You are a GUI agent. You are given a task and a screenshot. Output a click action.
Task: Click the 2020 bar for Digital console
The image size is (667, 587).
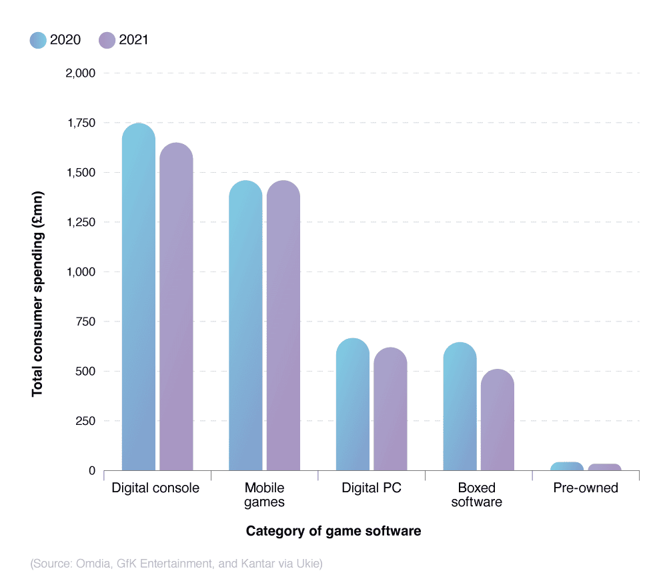pos(139,297)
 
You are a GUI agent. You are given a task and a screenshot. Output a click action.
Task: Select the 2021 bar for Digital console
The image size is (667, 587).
pos(177,307)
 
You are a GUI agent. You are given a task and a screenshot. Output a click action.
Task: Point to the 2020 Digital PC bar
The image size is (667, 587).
pos(353,404)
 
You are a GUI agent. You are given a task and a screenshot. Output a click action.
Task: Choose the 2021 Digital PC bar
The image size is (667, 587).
pos(390,409)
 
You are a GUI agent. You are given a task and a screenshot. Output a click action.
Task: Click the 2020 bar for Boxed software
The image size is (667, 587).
pos(460,406)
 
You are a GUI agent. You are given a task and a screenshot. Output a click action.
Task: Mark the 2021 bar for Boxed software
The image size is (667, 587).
pos(498,420)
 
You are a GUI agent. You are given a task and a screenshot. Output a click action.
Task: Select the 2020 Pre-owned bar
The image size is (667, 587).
pos(567,466)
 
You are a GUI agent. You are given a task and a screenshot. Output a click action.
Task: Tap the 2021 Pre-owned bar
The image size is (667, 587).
pos(604,467)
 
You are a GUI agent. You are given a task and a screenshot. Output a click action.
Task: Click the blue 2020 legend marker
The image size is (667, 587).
pos(38,40)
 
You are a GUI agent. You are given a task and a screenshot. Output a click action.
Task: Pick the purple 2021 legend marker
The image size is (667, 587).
pos(107,40)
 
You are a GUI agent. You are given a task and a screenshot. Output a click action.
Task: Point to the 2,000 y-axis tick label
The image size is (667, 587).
pos(80,73)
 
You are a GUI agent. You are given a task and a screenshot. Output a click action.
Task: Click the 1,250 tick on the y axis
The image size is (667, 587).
pos(80,222)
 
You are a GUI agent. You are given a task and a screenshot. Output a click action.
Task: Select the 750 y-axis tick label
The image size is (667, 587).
pos(85,322)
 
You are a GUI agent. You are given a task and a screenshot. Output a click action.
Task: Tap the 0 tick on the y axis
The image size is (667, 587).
pos(91,471)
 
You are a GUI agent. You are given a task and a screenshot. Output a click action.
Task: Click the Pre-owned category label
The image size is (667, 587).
pos(586,488)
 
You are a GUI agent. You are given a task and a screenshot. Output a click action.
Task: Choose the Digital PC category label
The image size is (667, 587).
pos(372,488)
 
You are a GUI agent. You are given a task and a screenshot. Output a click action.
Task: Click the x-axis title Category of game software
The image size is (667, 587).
pos(333,531)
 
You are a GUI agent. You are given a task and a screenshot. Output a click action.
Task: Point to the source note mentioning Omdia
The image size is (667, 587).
pos(177,564)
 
